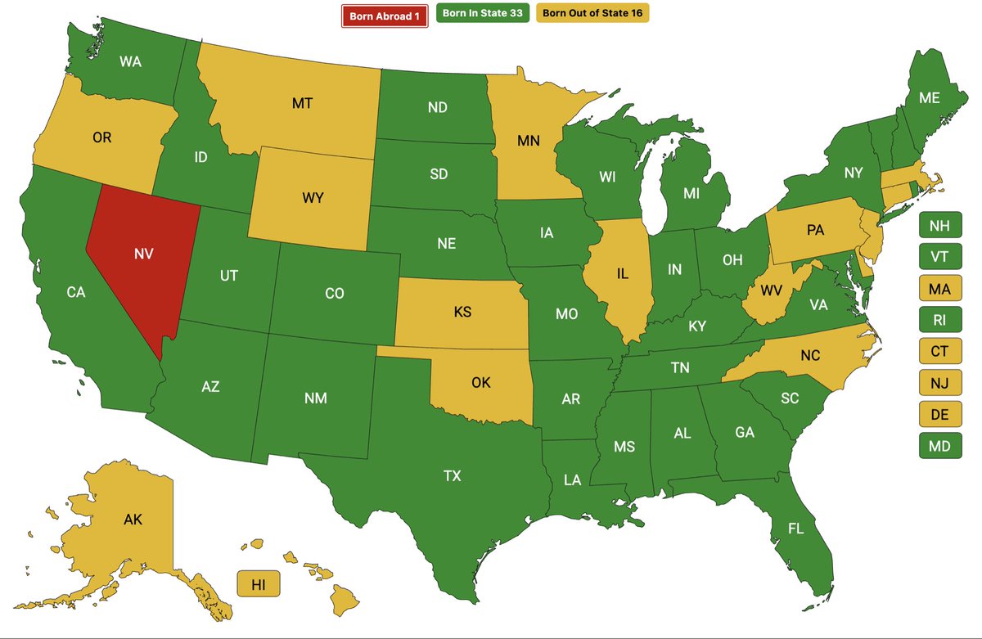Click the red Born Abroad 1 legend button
385,16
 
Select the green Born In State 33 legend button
483,14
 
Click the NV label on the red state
144,254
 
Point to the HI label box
259,584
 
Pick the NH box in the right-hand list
940,225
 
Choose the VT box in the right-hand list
940,256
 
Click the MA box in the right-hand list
940,288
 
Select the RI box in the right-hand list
940,320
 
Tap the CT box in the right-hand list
940,352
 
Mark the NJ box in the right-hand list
940,383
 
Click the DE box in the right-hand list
940,415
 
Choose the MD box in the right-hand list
940,446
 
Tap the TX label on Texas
453,475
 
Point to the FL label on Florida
795,529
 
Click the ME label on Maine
930,97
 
